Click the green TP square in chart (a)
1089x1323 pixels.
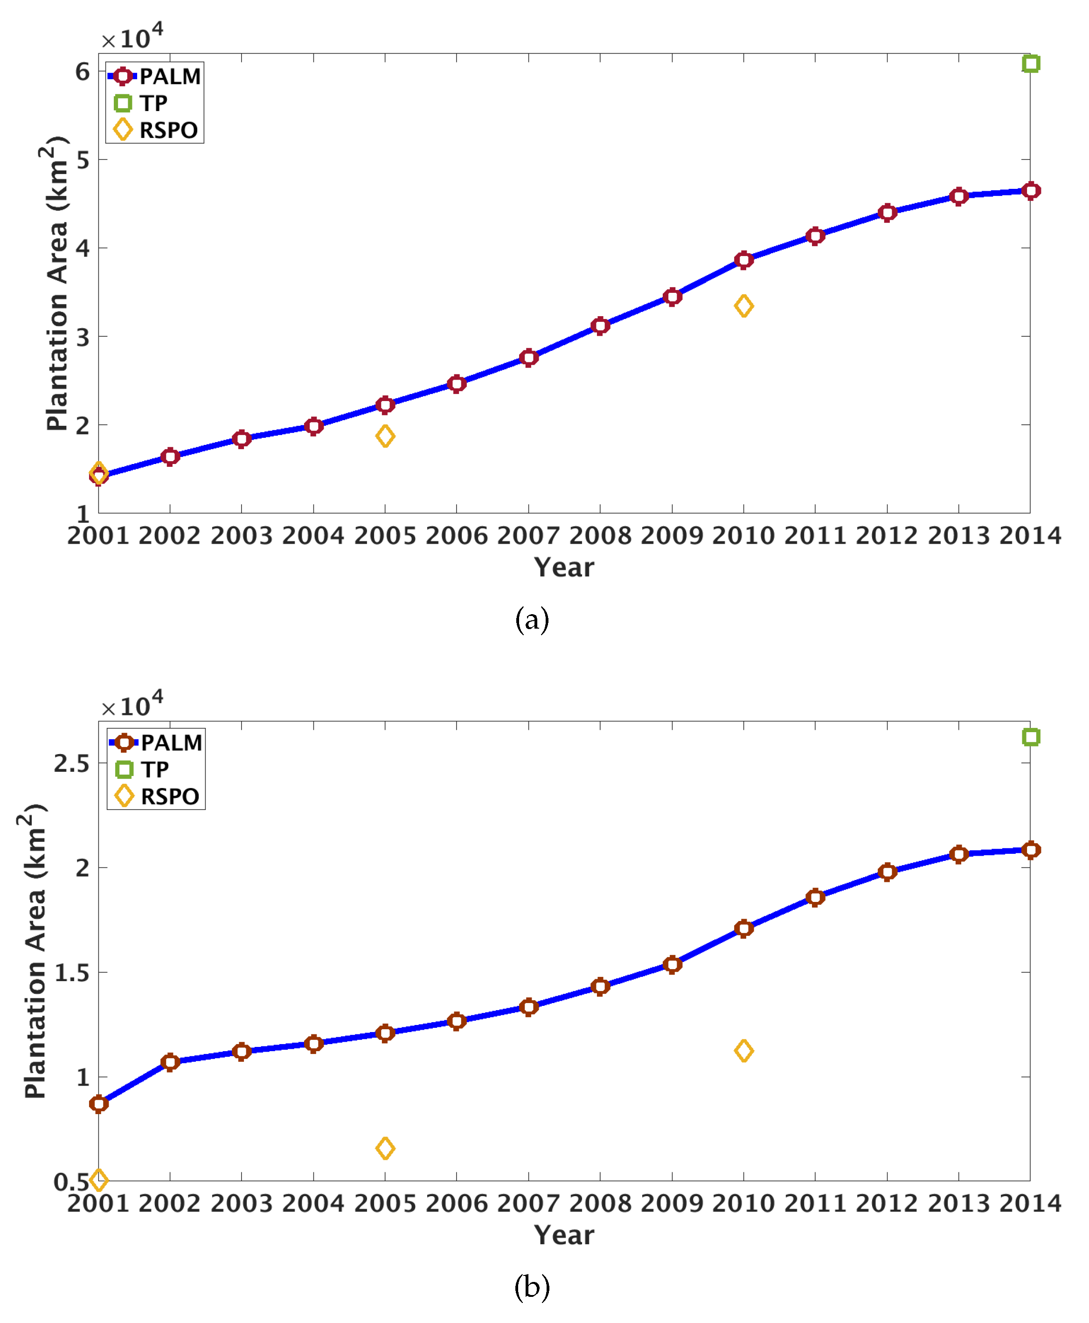pyautogui.click(x=1031, y=63)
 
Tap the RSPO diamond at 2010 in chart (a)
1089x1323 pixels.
pyautogui.click(x=743, y=306)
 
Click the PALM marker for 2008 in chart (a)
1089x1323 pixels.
pyautogui.click(x=600, y=326)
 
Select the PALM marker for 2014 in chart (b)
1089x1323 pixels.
pyautogui.click(x=1031, y=850)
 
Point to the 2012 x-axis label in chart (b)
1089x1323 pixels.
pyautogui.click(x=887, y=1203)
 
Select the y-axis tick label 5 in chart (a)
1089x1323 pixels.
pyautogui.click(x=83, y=160)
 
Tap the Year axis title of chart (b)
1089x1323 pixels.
pyautogui.click(x=563, y=1235)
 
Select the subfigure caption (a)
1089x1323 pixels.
pyautogui.click(x=532, y=619)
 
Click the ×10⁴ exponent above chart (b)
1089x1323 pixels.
pyautogui.click(x=132, y=705)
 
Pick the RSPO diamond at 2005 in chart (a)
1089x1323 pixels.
pyautogui.click(x=385, y=436)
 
